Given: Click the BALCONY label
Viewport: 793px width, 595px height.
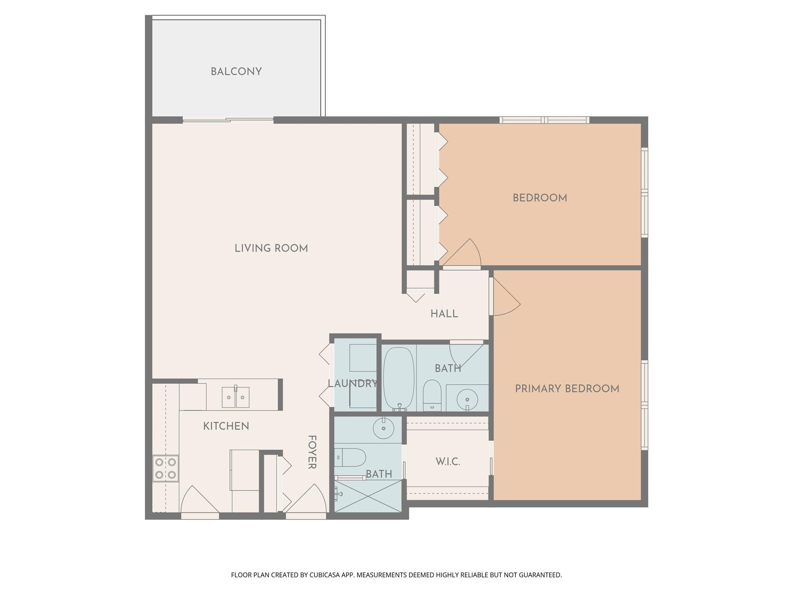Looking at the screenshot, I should coord(236,72).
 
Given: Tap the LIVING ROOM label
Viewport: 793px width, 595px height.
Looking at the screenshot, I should coord(271,248).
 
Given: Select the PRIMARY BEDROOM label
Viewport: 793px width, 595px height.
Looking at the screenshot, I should coord(567,389).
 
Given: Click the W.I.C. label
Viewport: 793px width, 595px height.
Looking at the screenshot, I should coord(448,462).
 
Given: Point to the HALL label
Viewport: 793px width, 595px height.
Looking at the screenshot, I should coord(444,314).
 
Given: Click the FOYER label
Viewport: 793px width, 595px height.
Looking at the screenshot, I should coord(312,452).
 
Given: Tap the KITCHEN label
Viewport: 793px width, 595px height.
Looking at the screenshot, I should coord(226,426).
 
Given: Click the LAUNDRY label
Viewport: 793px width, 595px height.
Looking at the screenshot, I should coord(352,383).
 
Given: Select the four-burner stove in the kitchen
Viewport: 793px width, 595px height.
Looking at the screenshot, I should coord(166,468).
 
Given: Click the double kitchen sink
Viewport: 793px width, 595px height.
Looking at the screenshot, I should coord(235,397).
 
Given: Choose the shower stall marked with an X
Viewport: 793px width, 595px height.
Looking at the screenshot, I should coord(368,496).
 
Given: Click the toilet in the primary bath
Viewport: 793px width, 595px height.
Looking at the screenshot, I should coord(350,457).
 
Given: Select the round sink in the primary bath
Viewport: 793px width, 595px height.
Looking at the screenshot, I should coord(383,428).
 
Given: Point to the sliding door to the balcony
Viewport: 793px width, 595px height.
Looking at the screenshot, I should coord(228,120).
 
